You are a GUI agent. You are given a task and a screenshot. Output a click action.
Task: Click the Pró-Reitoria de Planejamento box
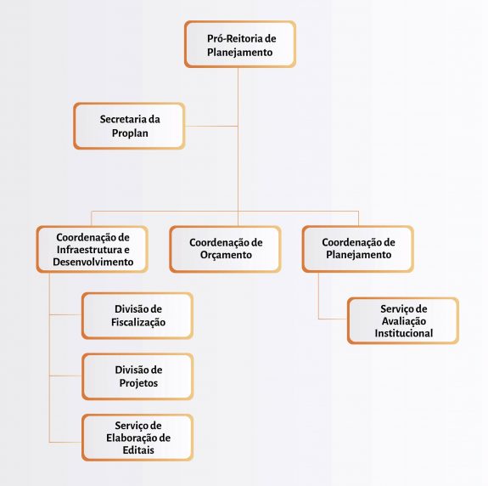pyautogui.click(x=240, y=44)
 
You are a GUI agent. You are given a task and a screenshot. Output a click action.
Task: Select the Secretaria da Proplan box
pyautogui.click(x=130, y=126)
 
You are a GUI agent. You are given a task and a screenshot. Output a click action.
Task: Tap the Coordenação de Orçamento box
pyautogui.click(x=226, y=249)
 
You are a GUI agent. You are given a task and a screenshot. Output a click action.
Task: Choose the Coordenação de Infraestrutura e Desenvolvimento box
pyautogui.click(x=93, y=249)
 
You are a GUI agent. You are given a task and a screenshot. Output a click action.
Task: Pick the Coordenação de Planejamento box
pyautogui.click(x=358, y=249)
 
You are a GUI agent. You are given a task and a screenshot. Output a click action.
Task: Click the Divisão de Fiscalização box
pyautogui.click(x=137, y=315)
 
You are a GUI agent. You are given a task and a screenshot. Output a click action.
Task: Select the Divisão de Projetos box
pyautogui.click(x=137, y=376)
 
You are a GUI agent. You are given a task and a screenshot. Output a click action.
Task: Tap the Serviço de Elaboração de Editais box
pyautogui.click(x=137, y=438)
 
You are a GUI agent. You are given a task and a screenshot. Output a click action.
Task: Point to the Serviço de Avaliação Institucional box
pyautogui.click(x=403, y=320)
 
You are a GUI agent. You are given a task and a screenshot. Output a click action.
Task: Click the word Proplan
pyautogui.click(x=130, y=133)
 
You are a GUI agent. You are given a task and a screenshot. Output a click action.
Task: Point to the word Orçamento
pyautogui.click(x=226, y=255)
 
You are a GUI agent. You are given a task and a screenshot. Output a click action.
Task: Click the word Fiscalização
pyautogui.click(x=138, y=322)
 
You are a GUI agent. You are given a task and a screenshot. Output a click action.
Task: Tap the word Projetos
pyautogui.click(x=138, y=383)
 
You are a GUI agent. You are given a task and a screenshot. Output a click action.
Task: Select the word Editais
pyautogui.click(x=138, y=449)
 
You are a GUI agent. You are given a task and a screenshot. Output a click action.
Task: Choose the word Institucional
pyautogui.click(x=404, y=333)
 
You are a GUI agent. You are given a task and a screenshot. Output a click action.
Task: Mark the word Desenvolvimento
pyautogui.click(x=93, y=262)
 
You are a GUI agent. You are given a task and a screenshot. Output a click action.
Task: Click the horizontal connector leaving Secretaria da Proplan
pyautogui.click(x=211, y=126)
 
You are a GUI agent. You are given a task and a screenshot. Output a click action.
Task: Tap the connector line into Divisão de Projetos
pyautogui.click(x=65, y=376)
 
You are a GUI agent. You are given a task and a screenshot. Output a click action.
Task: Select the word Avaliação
pyautogui.click(x=404, y=321)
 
